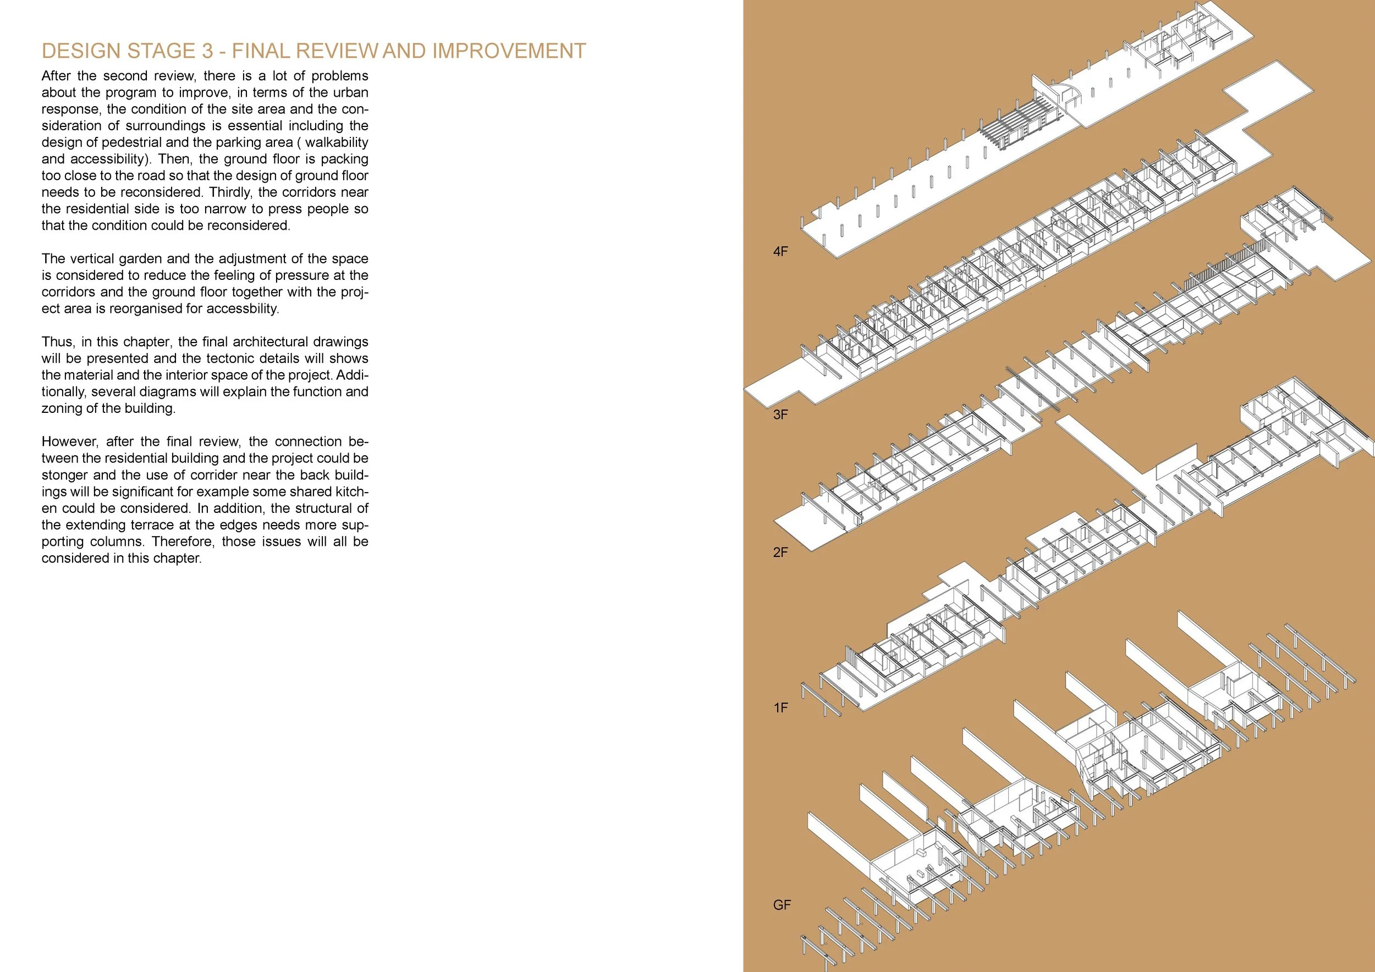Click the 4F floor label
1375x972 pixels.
coord(780,251)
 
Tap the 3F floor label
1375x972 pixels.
coord(780,415)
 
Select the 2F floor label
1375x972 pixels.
coord(780,553)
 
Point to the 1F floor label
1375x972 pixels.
coord(780,708)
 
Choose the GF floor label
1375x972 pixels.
coord(782,905)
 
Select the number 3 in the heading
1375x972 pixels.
coord(207,52)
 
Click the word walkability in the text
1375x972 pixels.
coord(337,142)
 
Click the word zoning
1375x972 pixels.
coord(60,408)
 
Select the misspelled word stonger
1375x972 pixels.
coord(63,475)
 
